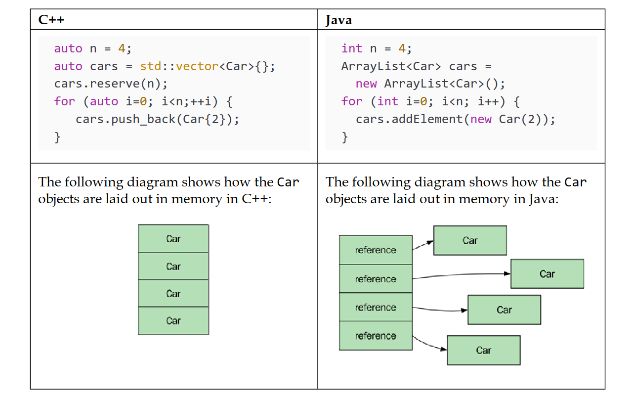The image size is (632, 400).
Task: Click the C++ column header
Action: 52,20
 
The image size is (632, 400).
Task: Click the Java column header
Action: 338,20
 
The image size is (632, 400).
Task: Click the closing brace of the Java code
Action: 345,137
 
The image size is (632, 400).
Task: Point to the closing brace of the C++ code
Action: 58,137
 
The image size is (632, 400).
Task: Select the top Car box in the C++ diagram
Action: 173,239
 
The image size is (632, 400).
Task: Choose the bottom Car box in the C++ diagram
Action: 173,321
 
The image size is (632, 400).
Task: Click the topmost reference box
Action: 376,250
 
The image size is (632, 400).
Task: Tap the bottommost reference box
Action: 376,336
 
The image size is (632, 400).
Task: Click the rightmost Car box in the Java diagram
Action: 547,274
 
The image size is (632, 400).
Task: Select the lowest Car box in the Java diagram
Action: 484,350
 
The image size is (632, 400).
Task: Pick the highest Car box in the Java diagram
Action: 470,240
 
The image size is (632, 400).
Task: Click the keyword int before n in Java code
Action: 352,48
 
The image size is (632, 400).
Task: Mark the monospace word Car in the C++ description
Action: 288,182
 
